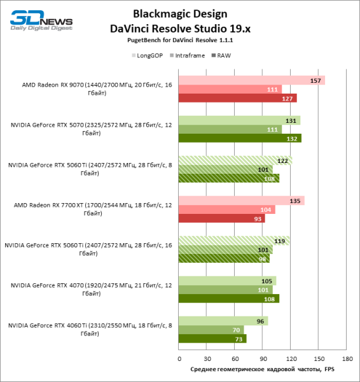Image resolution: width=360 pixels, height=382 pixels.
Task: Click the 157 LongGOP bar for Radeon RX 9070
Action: pos(251,80)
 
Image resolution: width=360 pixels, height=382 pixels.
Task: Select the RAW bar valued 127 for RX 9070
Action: pos(237,98)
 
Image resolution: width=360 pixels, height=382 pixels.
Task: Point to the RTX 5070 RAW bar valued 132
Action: pos(240,138)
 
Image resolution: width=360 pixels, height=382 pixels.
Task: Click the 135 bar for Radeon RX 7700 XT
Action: pos(241,201)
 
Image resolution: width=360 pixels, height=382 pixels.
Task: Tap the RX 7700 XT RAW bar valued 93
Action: pos(221,218)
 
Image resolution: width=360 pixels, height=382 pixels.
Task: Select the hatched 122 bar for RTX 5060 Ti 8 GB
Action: pos(235,160)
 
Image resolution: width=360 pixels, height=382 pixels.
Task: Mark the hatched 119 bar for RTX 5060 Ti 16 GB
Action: pos(234,241)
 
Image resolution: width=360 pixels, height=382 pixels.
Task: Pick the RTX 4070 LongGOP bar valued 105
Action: pos(227,281)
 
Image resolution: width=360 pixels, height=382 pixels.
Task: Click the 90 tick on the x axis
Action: pos(262,358)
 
